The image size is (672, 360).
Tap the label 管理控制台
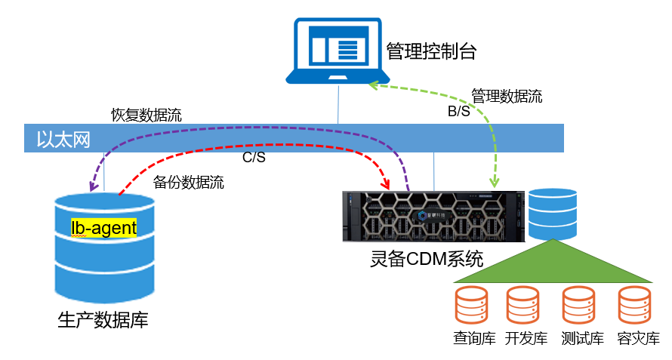coord(431,51)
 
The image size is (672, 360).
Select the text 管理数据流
coord(507,97)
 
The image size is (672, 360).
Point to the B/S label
coord(459,112)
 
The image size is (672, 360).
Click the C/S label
coord(253,158)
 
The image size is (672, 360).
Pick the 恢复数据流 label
coord(146,115)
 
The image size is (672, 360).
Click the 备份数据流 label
coord(188,182)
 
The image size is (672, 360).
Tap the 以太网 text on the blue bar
coord(59,139)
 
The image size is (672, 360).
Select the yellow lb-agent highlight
coord(103,227)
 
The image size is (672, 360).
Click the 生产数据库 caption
coord(103,319)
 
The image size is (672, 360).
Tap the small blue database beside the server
coord(553,213)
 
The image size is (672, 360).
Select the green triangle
coord(554,263)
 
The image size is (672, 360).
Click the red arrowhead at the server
coord(385,184)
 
